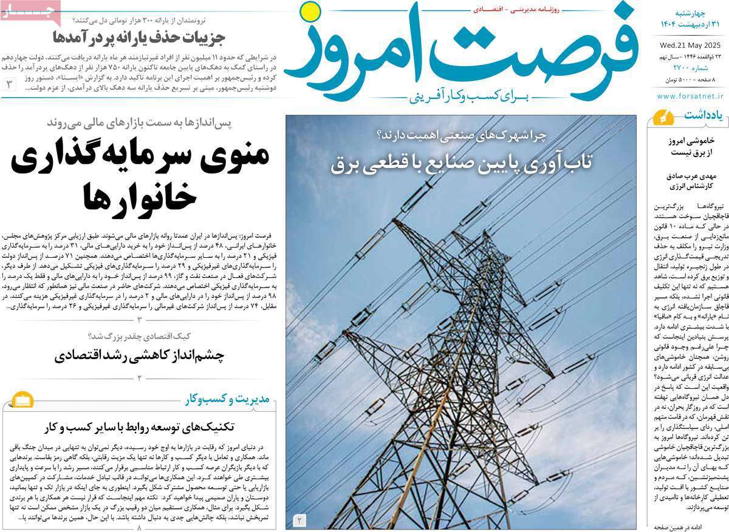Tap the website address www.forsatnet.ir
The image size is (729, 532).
point(691,96)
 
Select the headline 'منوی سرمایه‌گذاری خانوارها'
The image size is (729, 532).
point(140,175)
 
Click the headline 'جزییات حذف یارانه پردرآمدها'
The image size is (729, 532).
point(139,38)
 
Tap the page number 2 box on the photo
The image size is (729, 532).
point(301,520)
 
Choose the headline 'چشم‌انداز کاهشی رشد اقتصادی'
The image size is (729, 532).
point(139,355)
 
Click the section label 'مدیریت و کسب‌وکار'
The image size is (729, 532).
point(230,399)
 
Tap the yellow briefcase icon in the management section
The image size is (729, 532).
point(23,401)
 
